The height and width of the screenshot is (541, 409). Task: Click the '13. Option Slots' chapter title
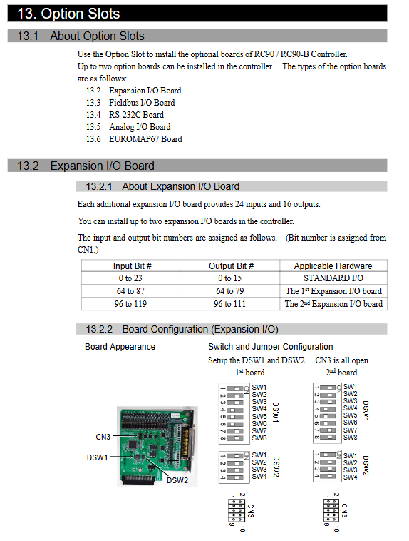(x=68, y=14)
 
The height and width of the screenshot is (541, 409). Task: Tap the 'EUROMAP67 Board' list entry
(x=145, y=139)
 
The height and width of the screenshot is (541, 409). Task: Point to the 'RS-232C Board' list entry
(x=136, y=115)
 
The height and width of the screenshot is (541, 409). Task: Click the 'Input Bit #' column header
(x=132, y=266)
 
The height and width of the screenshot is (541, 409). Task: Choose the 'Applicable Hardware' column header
(x=333, y=266)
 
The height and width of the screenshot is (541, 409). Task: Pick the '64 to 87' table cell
(x=130, y=291)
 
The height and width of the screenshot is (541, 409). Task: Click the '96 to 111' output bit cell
(x=229, y=304)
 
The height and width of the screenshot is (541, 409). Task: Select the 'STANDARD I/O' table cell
(x=333, y=278)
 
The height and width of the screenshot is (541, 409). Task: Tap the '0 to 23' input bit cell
(x=130, y=278)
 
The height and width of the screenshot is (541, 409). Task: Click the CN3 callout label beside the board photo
(x=103, y=437)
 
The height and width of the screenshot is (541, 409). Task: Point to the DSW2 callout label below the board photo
(x=177, y=480)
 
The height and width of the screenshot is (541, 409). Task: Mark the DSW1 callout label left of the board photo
(x=97, y=457)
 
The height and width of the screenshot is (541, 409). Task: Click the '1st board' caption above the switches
(x=250, y=373)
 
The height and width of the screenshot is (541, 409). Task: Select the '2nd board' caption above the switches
(x=341, y=373)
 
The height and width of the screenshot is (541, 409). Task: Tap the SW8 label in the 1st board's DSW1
(x=259, y=438)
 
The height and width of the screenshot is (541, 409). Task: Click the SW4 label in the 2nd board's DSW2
(x=350, y=477)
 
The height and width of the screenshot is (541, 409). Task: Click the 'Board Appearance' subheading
(x=120, y=347)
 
